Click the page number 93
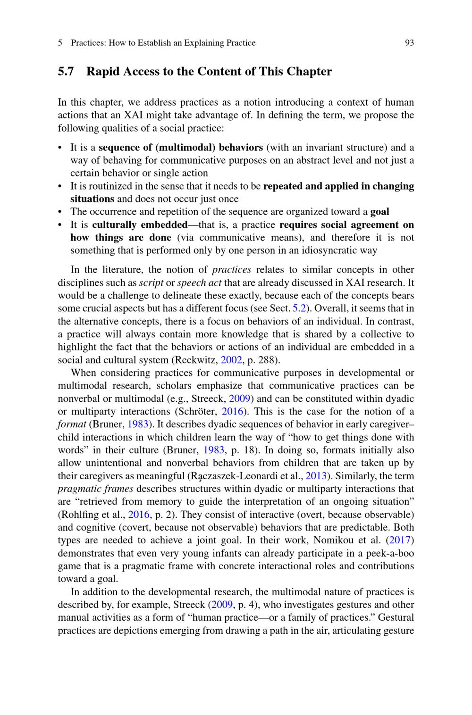tap(409, 43)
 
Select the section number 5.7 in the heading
tap(66, 72)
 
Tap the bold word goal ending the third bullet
tap(379, 212)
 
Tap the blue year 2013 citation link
tap(316, 476)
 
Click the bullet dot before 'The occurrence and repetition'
tap(60, 212)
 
